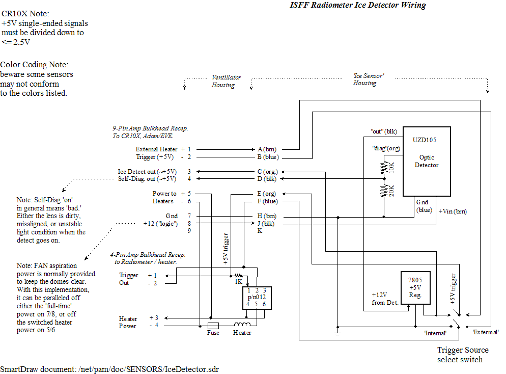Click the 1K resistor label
238,281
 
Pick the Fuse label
213,333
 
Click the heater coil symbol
242,325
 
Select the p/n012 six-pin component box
256,297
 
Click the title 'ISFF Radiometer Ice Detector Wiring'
357,6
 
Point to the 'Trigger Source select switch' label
462,355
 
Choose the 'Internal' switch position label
435,333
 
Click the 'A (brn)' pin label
267,149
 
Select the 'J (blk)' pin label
267,223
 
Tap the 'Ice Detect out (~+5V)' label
147,172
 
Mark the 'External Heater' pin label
156,149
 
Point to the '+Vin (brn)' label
453,211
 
